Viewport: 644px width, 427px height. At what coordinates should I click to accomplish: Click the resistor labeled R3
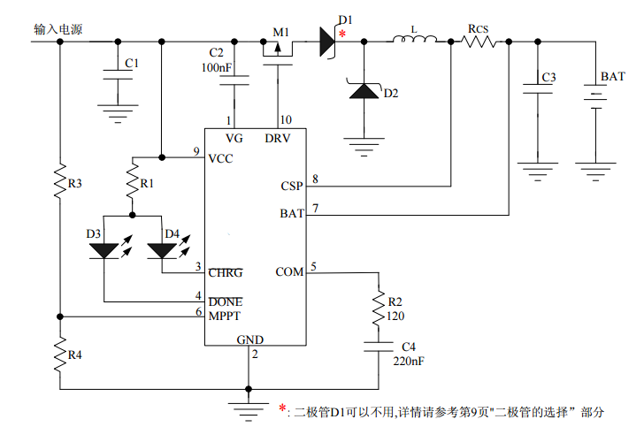coord(59,182)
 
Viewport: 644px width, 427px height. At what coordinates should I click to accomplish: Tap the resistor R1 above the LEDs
coord(133,183)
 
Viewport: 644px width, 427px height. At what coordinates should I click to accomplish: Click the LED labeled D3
coord(105,249)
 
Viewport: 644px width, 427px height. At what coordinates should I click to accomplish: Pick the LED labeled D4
coord(162,249)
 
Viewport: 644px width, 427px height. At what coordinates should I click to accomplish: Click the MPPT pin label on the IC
coord(225,315)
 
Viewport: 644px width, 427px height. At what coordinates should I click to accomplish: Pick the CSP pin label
coord(291,187)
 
